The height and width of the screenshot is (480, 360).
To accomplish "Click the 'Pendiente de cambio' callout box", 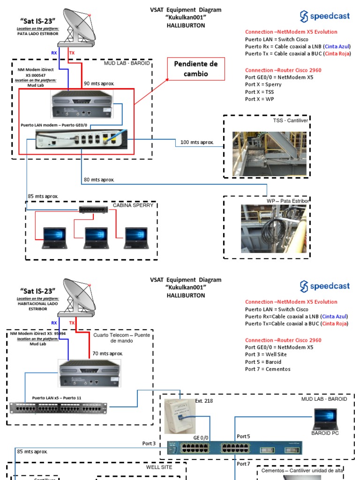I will tap(196, 68).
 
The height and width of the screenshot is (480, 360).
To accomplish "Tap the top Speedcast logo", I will tap(325, 16).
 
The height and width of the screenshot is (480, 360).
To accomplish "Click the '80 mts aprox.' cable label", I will tap(99, 180).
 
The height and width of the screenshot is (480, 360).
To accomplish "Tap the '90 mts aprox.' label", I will tap(99, 83).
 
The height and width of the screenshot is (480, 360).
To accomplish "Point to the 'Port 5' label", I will tap(243, 436).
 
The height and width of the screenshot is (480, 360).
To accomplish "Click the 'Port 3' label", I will tap(149, 443).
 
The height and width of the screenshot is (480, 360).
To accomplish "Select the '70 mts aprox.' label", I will tap(107, 353).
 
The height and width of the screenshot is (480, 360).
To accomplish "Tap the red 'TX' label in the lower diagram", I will tap(72, 323).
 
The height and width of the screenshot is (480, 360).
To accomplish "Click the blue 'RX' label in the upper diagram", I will tap(54, 53).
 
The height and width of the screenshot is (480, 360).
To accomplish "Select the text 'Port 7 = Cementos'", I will tap(268, 369).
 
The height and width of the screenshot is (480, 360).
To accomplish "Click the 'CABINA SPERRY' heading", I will tap(133, 205).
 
